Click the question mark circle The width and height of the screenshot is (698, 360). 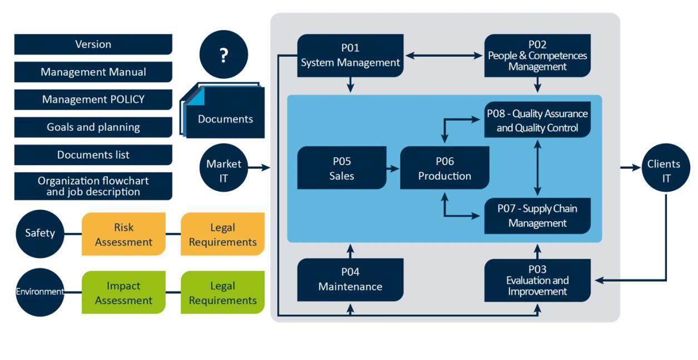point(224,55)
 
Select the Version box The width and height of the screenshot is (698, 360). point(93,45)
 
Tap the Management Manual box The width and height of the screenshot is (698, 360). point(93,72)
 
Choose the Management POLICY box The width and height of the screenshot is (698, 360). point(93,100)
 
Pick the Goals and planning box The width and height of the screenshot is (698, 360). point(93,127)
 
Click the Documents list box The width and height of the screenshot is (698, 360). point(93,155)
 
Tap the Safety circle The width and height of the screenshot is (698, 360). point(40,233)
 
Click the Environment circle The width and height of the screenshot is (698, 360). point(40,292)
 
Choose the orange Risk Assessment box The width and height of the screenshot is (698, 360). point(123,234)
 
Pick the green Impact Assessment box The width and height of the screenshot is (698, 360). point(123,293)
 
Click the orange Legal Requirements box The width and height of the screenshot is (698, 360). point(222,234)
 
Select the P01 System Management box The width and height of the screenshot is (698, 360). point(350,56)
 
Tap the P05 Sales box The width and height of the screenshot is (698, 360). point(341,168)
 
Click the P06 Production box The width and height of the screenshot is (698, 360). point(444,168)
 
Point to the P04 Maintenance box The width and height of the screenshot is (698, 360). point(350,279)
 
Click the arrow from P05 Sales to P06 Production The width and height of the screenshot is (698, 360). point(393,168)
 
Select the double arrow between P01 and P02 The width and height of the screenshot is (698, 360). point(444,56)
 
